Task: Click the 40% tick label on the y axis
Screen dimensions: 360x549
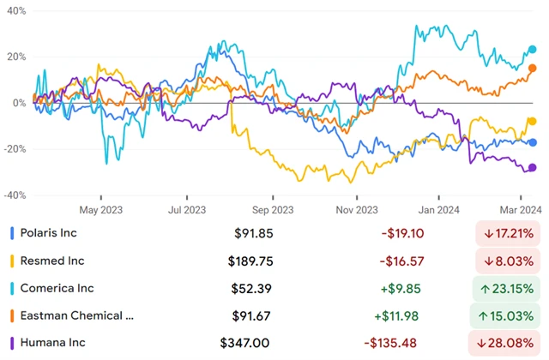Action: pos(14,11)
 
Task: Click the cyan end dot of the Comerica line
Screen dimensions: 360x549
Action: pos(533,50)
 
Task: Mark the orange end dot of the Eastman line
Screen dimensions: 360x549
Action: pos(533,69)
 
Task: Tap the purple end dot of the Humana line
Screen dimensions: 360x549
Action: pos(533,168)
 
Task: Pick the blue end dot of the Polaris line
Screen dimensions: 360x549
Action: pos(533,142)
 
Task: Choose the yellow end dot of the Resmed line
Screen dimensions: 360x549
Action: pos(533,122)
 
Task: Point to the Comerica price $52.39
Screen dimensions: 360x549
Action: pos(259,289)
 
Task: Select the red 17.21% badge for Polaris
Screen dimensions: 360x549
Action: pos(506,232)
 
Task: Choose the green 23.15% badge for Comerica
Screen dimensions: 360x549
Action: pos(506,289)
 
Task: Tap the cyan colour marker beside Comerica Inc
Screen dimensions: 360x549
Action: pos(10,289)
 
